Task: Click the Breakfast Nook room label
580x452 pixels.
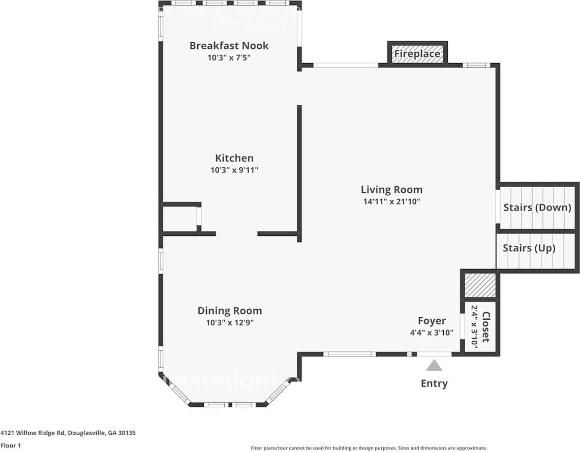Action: point(229,46)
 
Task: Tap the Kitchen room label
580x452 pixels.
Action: point(234,158)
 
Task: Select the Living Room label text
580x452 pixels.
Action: point(391,190)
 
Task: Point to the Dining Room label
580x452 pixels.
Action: point(230,311)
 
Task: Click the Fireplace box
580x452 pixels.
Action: point(417,54)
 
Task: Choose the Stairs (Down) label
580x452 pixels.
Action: point(537,207)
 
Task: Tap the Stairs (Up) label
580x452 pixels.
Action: point(529,248)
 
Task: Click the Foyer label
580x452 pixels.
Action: point(432,321)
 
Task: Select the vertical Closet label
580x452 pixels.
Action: point(485,327)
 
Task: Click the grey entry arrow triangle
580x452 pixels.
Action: point(434,365)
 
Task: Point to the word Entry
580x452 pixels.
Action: point(434,383)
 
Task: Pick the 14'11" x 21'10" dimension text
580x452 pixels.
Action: point(391,201)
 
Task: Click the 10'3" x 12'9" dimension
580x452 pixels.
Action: point(229,322)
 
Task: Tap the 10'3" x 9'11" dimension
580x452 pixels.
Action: point(234,170)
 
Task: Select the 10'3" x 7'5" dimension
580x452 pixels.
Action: point(229,57)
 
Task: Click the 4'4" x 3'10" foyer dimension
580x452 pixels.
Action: point(432,333)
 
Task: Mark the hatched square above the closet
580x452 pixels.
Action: point(480,285)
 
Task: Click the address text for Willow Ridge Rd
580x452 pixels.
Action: point(68,433)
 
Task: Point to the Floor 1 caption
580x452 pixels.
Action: point(11,445)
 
